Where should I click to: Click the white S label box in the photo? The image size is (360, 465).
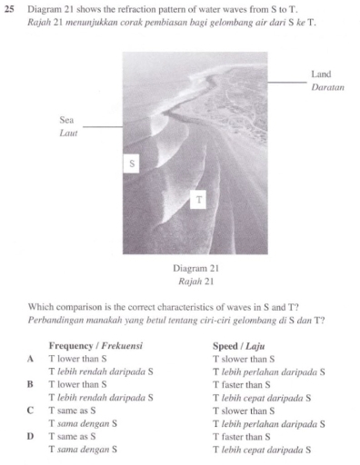(132, 164)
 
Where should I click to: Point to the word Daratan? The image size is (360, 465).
(327, 88)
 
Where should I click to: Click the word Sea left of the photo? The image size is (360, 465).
(66, 119)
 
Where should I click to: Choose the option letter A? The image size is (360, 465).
(33, 359)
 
